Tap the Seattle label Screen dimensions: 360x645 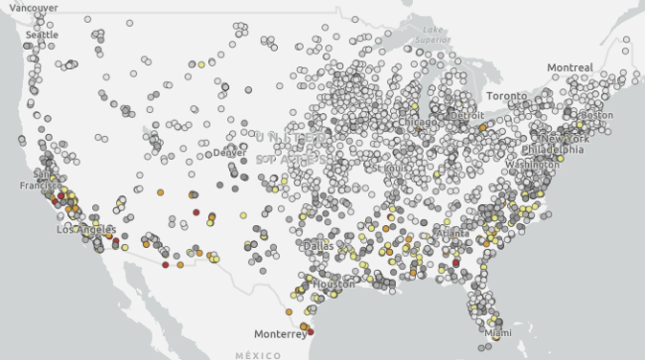42,35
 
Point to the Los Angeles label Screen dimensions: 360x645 87,229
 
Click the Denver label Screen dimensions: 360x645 229,153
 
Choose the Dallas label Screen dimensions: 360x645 319,245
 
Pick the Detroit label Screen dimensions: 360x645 466,116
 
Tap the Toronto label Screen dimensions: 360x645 507,96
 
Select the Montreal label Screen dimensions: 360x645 570,67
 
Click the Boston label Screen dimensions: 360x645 597,115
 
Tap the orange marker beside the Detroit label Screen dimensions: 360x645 481,128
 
